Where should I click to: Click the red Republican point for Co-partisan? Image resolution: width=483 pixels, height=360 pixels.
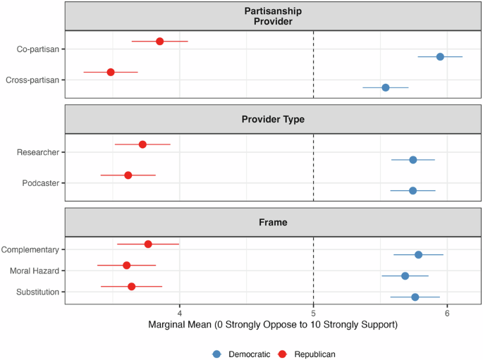pyautogui.click(x=159, y=42)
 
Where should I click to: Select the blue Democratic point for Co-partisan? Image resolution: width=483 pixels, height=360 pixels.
pyautogui.click(x=440, y=56)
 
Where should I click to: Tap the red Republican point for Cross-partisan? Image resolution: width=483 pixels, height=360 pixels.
pyautogui.click(x=111, y=72)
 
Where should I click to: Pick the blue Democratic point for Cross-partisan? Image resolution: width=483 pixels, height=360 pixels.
pyautogui.click(x=385, y=87)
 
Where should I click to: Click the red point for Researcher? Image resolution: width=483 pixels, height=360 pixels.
pyautogui.click(x=142, y=144)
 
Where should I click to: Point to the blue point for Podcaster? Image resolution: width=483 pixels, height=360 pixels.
pyautogui.click(x=412, y=190)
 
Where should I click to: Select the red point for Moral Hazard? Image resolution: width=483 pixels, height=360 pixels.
pyautogui.click(x=127, y=266)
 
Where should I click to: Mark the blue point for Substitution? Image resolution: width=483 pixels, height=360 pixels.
pyautogui.click(x=415, y=297)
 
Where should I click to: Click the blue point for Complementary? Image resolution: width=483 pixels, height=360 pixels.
pyautogui.click(x=418, y=254)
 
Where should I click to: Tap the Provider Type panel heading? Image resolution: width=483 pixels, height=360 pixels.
pyautogui.click(x=273, y=119)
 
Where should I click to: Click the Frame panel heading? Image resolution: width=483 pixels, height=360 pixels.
pyautogui.click(x=273, y=222)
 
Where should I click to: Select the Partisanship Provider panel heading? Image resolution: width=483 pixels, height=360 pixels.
pyautogui.click(x=273, y=16)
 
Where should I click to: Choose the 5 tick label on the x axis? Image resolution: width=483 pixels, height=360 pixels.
pyautogui.click(x=313, y=313)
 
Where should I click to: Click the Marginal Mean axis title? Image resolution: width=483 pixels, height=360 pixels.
pyautogui.click(x=273, y=325)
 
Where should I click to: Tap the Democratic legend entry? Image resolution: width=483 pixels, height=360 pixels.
pyautogui.click(x=239, y=354)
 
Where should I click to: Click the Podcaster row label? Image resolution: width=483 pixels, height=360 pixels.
pyautogui.click(x=39, y=183)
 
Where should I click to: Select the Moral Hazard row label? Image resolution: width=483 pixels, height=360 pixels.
pyautogui.click(x=35, y=271)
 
